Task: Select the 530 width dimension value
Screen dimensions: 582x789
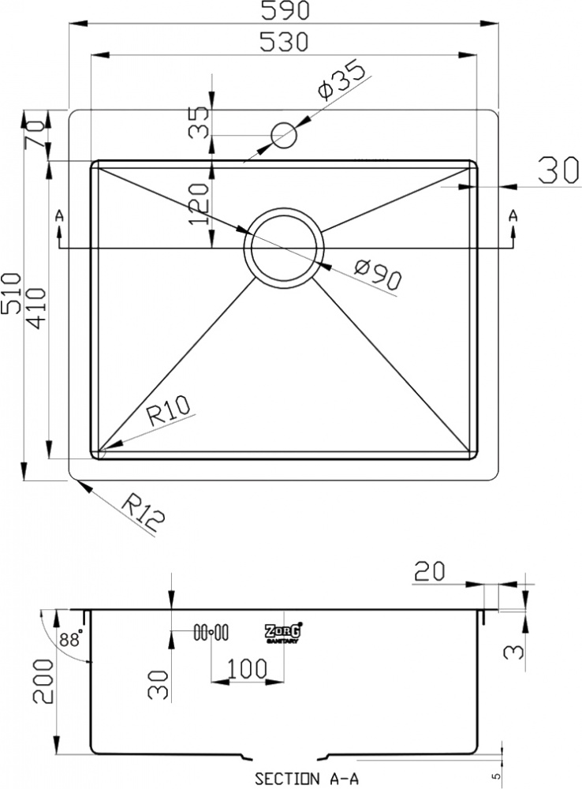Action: tap(283, 42)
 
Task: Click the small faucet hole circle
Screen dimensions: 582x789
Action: tap(284, 136)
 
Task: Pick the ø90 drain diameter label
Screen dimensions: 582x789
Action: tap(378, 275)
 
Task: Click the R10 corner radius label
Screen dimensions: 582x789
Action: tap(169, 410)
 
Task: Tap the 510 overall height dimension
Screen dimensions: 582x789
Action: tap(11, 294)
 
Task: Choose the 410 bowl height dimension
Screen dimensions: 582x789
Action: tap(35, 308)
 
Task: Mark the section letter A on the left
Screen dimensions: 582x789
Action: tap(59, 216)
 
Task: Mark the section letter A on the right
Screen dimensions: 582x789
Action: tap(513, 216)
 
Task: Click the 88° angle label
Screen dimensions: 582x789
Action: tap(70, 640)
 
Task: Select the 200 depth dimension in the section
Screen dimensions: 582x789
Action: tap(43, 682)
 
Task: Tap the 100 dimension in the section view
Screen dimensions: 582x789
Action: tap(247, 668)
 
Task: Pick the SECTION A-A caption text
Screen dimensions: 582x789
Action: tap(307, 779)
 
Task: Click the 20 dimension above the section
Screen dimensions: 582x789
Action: tap(430, 571)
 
